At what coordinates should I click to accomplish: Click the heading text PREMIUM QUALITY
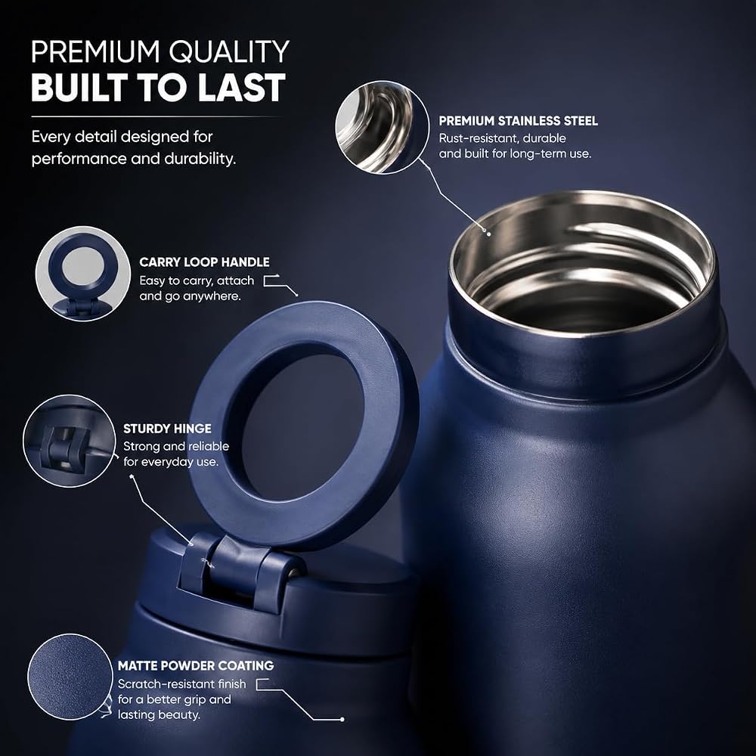(160, 51)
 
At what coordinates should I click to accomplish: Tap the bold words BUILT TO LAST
(159, 87)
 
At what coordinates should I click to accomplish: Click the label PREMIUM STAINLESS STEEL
(519, 120)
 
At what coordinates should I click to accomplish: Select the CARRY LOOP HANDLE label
(204, 262)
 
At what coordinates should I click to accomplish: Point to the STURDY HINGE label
(167, 429)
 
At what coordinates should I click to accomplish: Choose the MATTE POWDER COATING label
(196, 666)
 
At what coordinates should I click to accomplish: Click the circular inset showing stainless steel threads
(383, 127)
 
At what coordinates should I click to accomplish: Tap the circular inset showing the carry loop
(83, 274)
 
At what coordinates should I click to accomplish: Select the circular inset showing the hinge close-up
(70, 441)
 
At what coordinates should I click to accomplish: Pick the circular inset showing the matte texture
(70, 677)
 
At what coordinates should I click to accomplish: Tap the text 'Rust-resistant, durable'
(503, 138)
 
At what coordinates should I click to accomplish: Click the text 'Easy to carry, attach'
(197, 280)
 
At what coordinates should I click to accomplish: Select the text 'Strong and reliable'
(176, 447)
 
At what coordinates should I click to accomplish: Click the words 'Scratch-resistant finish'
(181, 684)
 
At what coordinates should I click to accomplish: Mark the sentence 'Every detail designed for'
(122, 137)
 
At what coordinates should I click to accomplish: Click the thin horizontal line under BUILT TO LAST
(156, 116)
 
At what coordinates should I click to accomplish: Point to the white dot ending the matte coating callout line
(342, 720)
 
